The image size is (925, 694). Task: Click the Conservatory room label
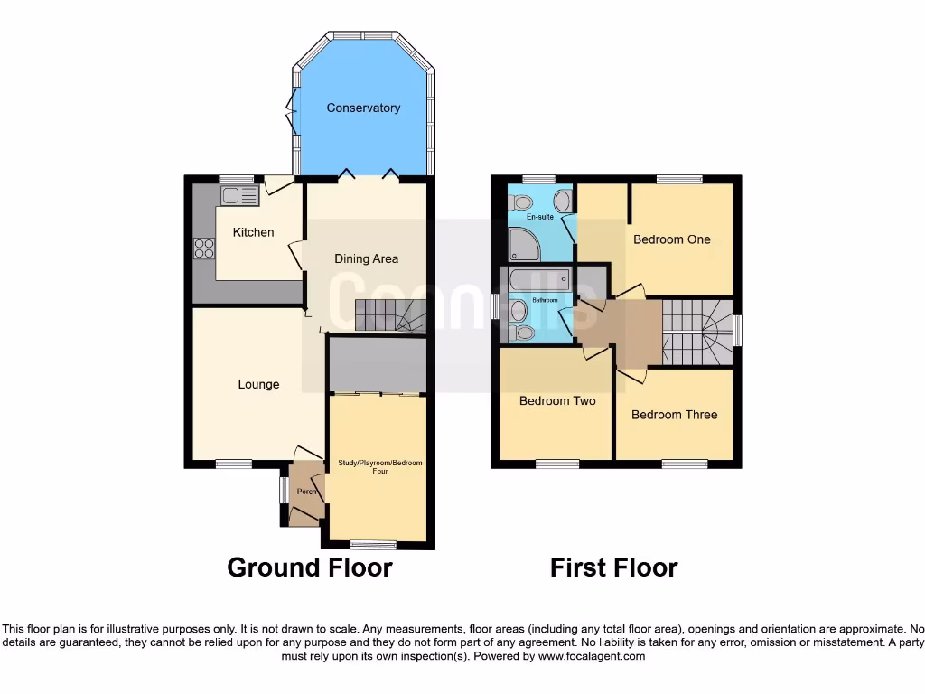(363, 108)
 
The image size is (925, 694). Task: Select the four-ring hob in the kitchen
(204, 248)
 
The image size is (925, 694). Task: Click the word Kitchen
(253, 232)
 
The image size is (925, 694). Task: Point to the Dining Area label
(366, 258)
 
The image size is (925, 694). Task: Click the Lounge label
(258, 384)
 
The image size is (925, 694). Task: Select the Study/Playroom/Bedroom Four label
(379, 466)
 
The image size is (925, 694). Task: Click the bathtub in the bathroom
(538, 279)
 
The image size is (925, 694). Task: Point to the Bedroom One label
(671, 239)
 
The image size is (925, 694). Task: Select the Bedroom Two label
(557, 400)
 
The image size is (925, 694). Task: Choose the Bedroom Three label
(674, 415)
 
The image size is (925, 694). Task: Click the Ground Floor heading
(309, 567)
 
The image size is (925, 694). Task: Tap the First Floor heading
(613, 567)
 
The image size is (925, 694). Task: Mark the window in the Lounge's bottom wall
(234, 464)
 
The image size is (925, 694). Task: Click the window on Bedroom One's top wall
(679, 179)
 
